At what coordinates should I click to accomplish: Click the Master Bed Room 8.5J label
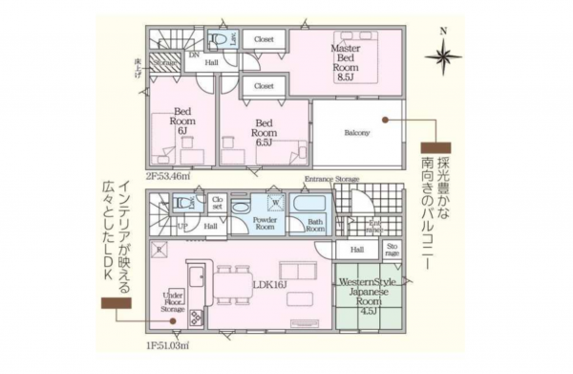click(345, 61)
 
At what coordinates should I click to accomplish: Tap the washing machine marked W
click(276, 203)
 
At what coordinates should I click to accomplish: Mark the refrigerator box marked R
click(159, 250)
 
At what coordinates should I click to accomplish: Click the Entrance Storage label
click(332, 180)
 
